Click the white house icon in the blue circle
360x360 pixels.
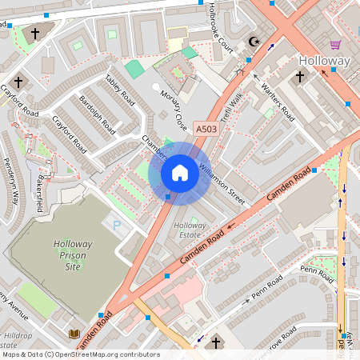tap(180, 173)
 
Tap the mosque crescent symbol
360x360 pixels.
tap(255, 42)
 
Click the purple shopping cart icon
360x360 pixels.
tap(335, 44)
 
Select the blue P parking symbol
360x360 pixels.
tap(118, 226)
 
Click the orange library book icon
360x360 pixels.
tap(74, 333)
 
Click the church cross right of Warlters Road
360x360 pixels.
tap(300, 77)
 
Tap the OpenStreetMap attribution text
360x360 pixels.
tap(80, 354)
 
